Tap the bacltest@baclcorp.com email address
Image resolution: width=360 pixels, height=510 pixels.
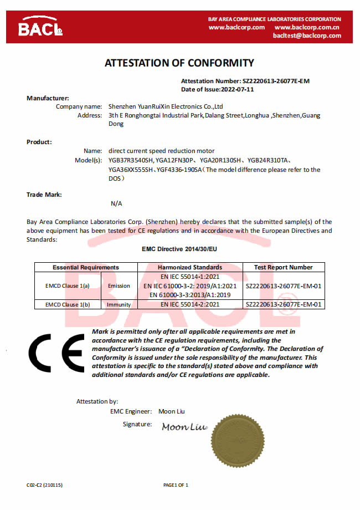tap(307, 35)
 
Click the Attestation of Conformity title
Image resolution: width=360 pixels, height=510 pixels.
tap(179, 63)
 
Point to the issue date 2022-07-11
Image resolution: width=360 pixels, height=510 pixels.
tap(238, 89)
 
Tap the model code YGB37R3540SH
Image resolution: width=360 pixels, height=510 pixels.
tap(131, 160)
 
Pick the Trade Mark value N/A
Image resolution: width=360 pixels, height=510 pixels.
tap(116, 203)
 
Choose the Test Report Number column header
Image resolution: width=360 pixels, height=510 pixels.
tap(283, 267)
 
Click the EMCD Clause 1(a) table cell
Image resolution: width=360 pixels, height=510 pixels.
tap(67, 286)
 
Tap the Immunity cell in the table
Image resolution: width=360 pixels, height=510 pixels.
tap(119, 304)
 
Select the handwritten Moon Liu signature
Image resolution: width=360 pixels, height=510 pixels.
tap(184, 427)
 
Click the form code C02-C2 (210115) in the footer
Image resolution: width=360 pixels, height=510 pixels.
tap(44, 485)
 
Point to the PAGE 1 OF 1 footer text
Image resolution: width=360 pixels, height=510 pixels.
tap(176, 485)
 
